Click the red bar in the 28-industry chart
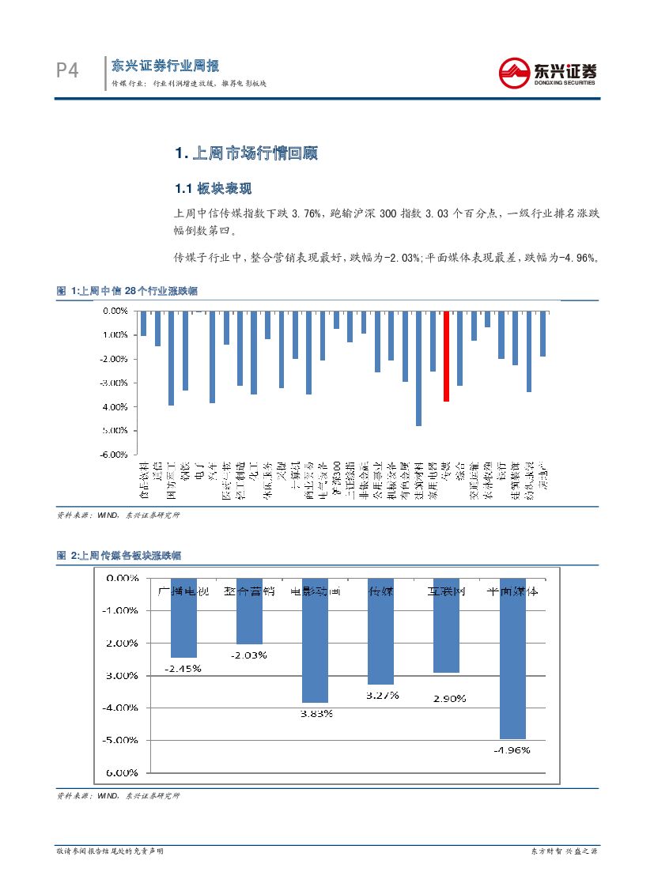click(x=447, y=357)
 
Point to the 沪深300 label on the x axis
click(x=337, y=477)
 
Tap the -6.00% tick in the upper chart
click(x=116, y=455)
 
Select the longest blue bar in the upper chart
click(x=418, y=368)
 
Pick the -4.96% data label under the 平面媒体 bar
click(x=512, y=750)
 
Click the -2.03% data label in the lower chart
click(x=249, y=655)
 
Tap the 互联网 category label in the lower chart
click(x=447, y=591)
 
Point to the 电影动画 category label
click(x=316, y=591)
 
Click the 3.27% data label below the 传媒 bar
click(x=382, y=696)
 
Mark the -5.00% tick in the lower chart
click(x=123, y=741)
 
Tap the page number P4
click(x=68, y=71)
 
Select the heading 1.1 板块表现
click(x=213, y=189)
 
